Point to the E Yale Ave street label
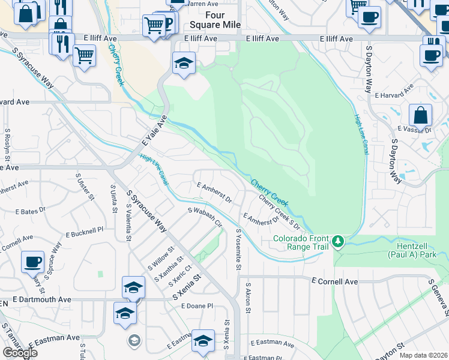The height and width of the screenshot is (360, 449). coord(154,133)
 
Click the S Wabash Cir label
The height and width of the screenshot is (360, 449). coord(205,217)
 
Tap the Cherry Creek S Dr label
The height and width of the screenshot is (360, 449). coord(279,211)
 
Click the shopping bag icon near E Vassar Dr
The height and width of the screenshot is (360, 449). coord(421,115)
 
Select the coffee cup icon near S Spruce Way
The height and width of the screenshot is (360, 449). coord(32,262)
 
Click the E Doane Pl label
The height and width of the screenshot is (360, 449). coord(197,306)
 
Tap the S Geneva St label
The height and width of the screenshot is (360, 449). coord(439,298)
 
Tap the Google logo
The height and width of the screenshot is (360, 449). coord(19,353)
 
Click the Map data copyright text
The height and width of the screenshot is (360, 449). coord(424,355)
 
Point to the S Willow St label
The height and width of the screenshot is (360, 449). coord(161,258)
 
